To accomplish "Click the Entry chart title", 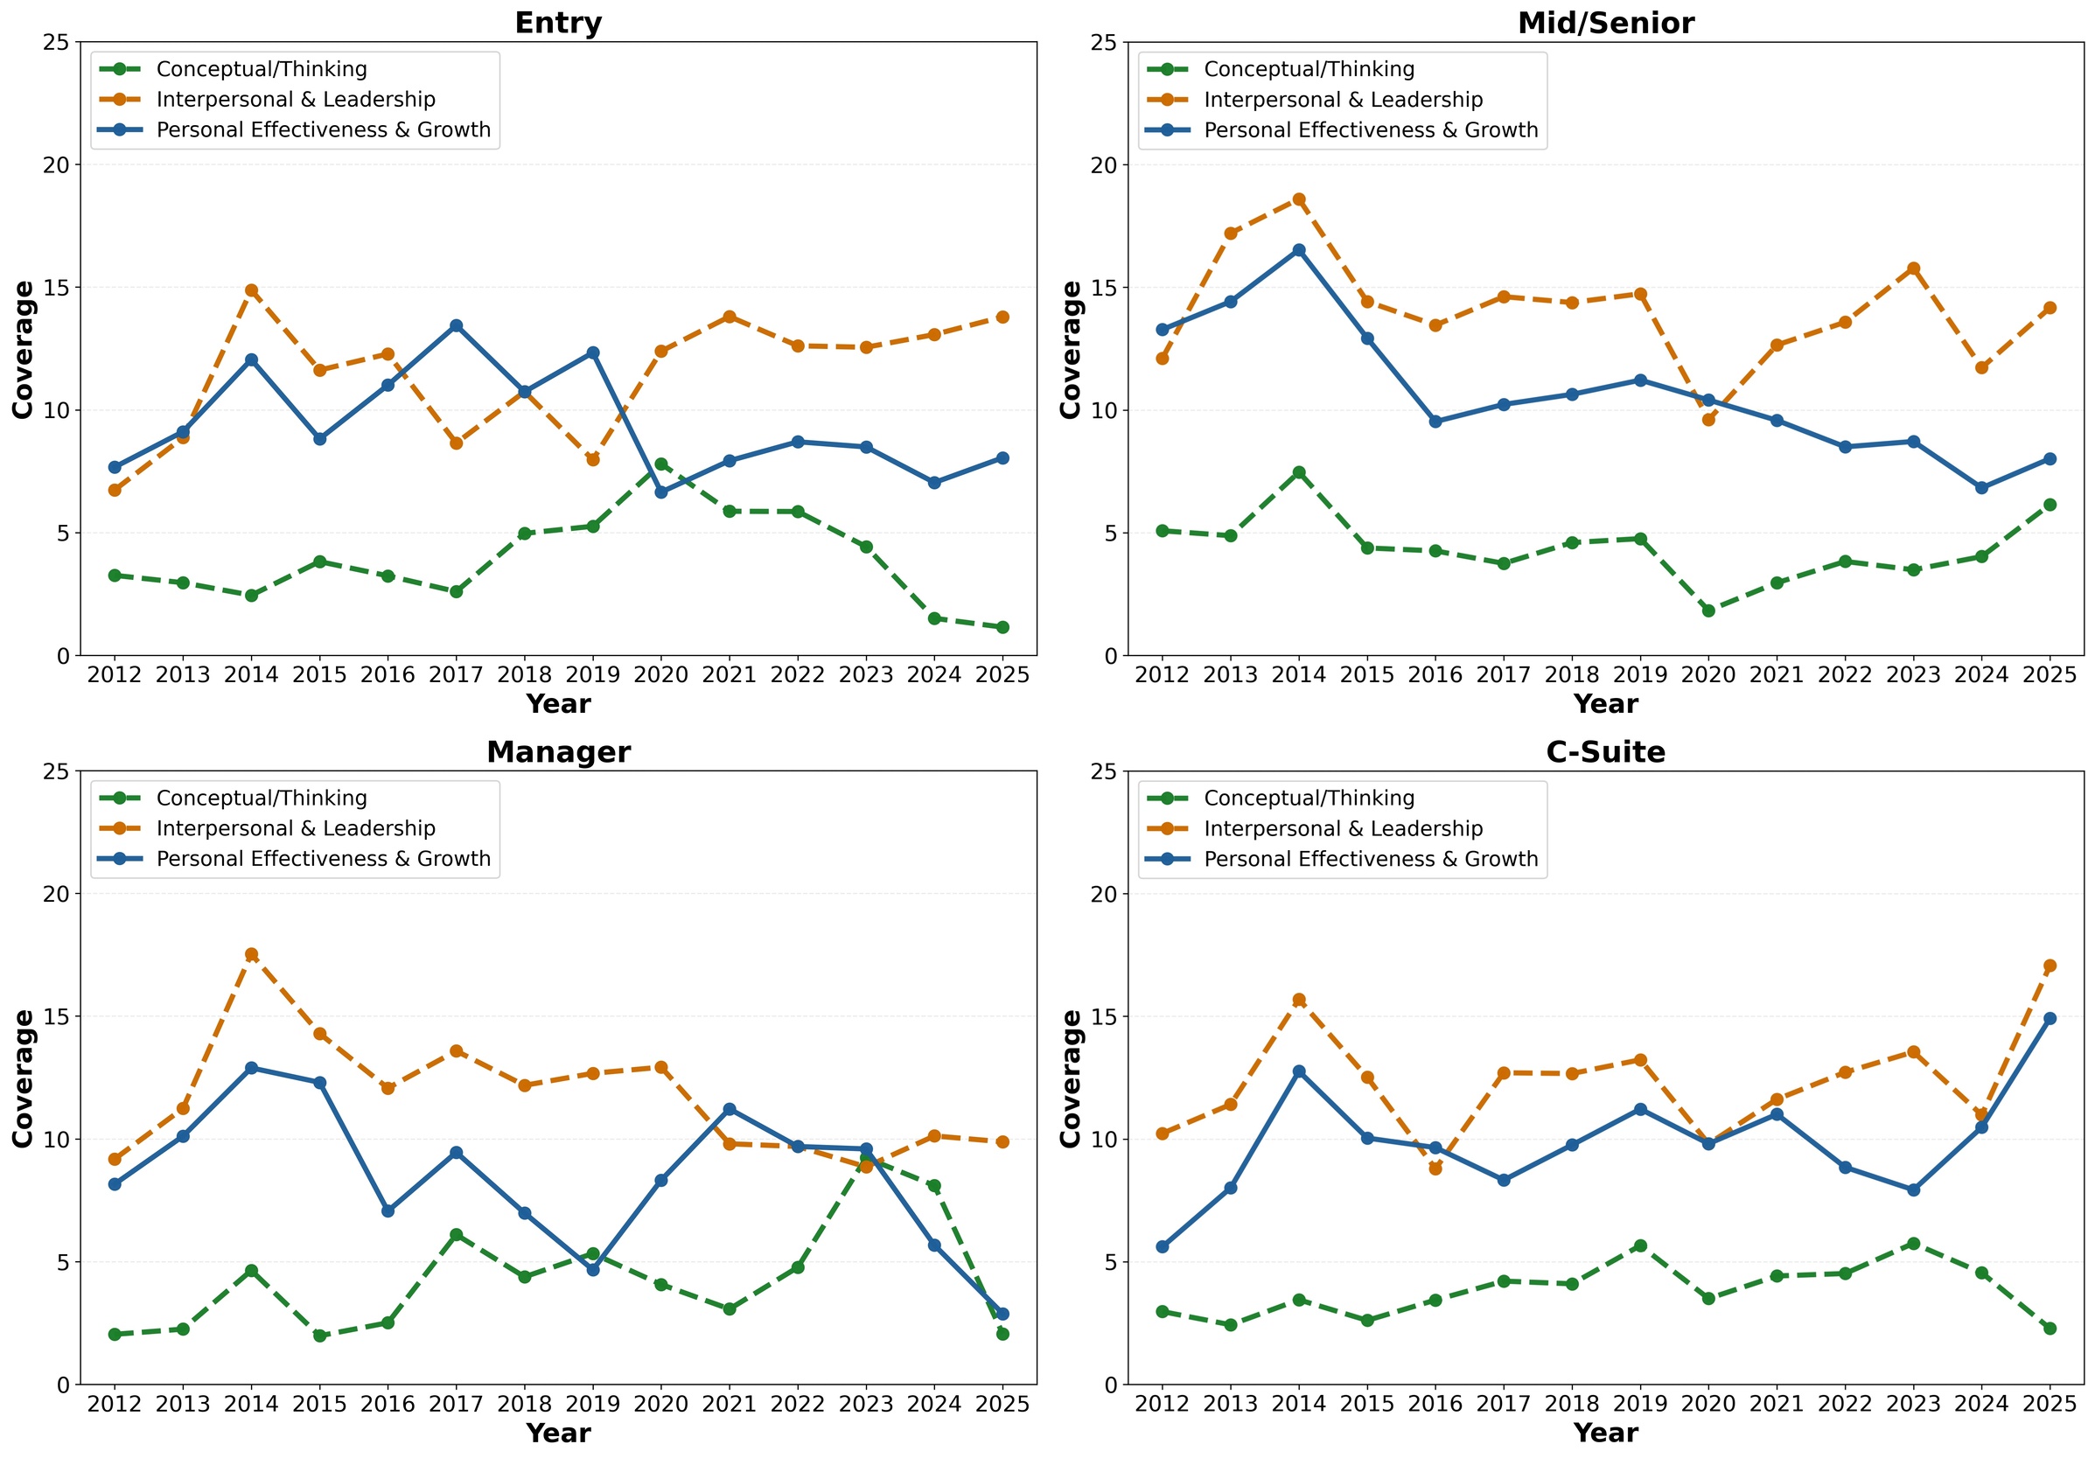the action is click(558, 23).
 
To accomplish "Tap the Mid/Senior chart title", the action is click(1606, 24).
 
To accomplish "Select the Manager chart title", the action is click(558, 752).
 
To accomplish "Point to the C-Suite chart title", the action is click(1606, 752).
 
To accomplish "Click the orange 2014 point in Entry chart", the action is click(251, 291).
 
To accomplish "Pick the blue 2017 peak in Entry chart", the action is click(457, 325).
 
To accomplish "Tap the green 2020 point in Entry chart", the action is click(661, 464).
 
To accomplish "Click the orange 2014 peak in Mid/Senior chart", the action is click(1298, 199).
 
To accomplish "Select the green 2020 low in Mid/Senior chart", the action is click(1708, 610).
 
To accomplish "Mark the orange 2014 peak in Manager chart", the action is click(251, 954).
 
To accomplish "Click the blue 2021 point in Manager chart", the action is click(729, 1110).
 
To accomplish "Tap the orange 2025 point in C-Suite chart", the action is click(2050, 966).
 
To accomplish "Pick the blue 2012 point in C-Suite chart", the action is click(1162, 1246).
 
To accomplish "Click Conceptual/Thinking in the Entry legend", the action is click(262, 69).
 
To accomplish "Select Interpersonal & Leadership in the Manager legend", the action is click(296, 828).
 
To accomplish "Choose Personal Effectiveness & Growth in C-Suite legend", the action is click(1371, 860).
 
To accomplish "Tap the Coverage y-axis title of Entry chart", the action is click(23, 350).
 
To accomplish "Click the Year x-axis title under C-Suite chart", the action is click(1606, 1433).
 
